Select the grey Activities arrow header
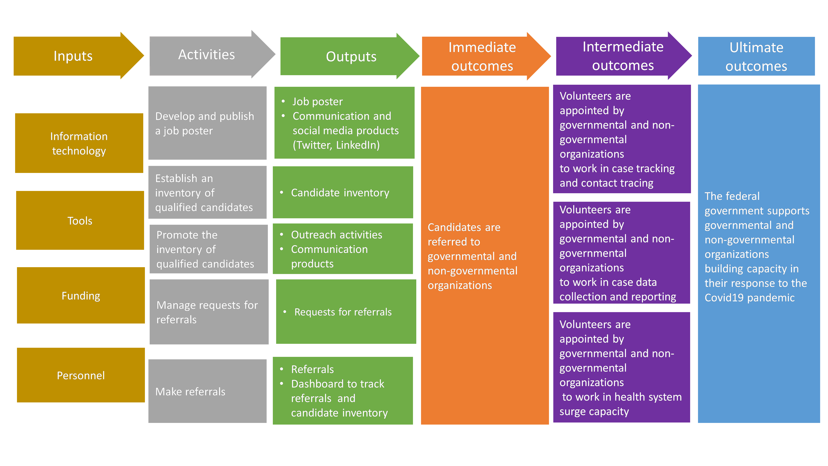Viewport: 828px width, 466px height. coord(206,55)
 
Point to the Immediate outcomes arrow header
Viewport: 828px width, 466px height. coord(482,56)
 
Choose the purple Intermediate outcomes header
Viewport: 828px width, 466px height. coord(623,56)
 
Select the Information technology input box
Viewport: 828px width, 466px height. coord(79,144)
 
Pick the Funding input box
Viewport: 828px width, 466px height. coord(81,296)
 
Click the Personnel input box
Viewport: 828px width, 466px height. coord(81,375)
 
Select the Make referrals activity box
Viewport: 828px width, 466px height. coord(207,391)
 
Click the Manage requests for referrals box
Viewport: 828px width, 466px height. coord(209,312)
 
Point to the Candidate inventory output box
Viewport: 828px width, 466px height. coord(343,193)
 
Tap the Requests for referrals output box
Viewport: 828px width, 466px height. coord(346,312)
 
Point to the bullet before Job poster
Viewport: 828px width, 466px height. coord(283,101)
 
